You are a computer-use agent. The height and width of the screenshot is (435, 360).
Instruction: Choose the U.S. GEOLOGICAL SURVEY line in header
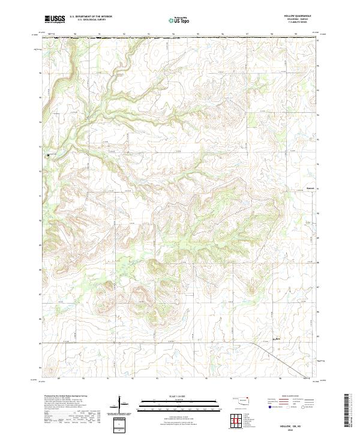pyautogui.click(x=91, y=20)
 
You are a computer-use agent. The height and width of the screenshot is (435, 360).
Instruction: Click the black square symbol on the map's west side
pyautogui.click(x=49, y=155)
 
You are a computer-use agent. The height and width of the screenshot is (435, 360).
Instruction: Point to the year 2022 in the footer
pyautogui.click(x=282, y=429)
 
